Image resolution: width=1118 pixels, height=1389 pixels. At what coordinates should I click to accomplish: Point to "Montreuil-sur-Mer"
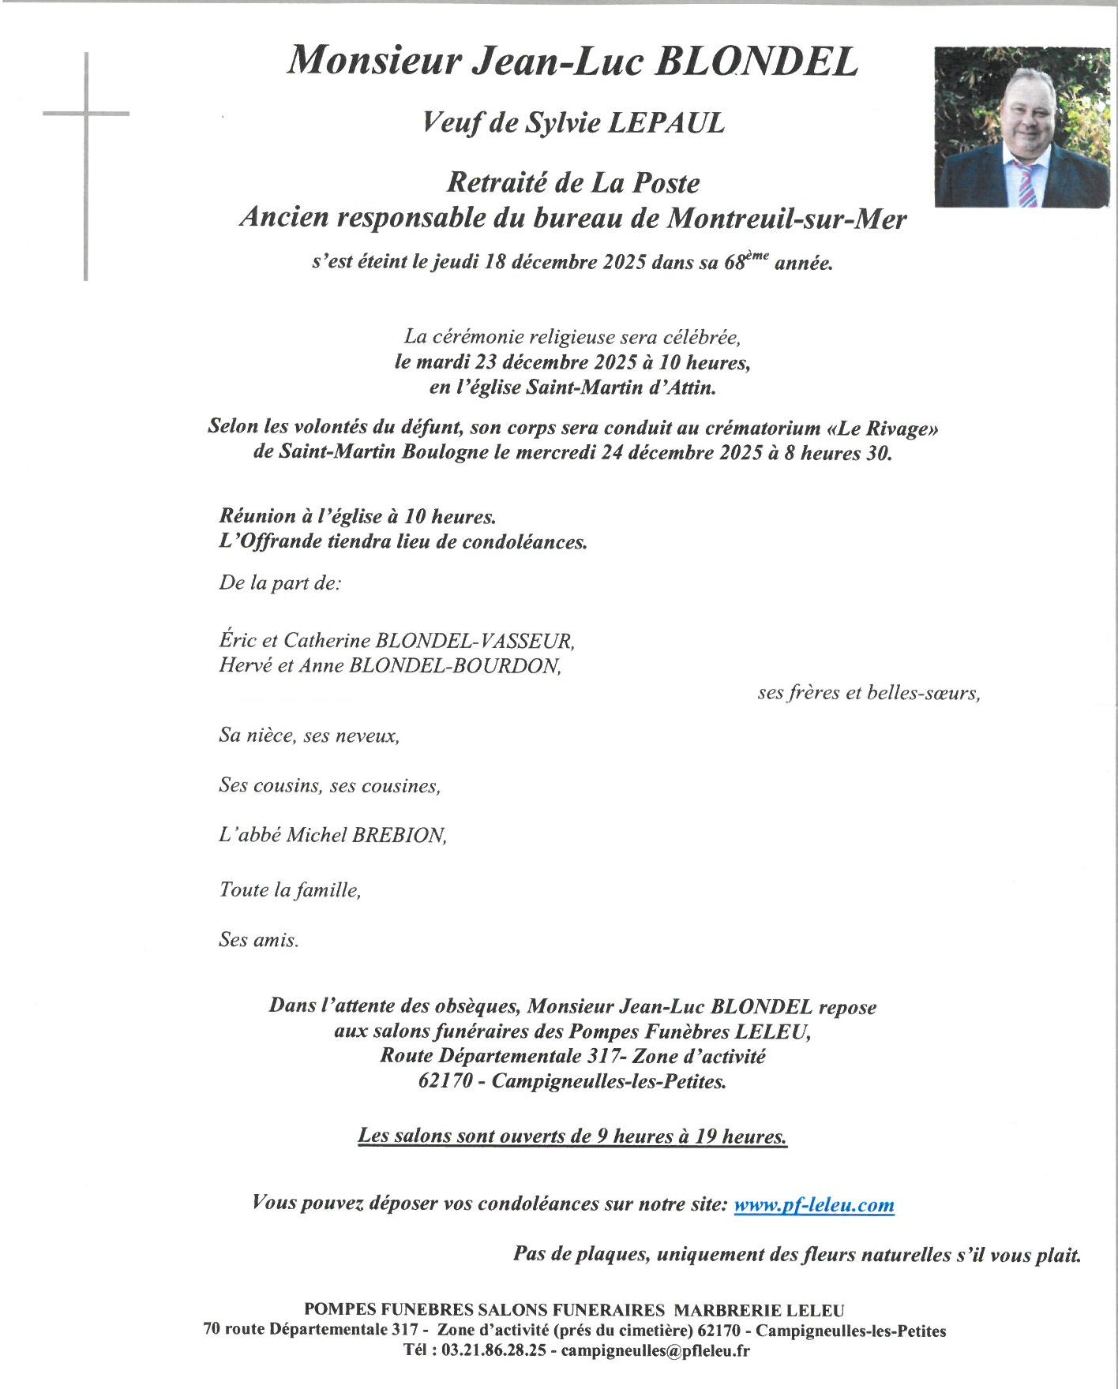coord(786,219)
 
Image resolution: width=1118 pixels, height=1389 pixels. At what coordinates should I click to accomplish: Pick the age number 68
coord(734,263)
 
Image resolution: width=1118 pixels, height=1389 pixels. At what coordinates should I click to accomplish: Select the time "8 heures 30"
coord(838,453)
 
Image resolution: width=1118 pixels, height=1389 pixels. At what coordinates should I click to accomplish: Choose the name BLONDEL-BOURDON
coord(455,665)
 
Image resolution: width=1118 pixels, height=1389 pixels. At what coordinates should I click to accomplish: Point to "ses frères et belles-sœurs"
coord(869,693)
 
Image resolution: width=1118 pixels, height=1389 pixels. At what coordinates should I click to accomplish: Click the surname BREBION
coord(399,835)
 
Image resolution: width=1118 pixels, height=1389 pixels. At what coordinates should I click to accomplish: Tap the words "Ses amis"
coord(259,940)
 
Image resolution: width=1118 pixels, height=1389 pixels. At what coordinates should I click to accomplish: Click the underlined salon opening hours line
coord(572,1136)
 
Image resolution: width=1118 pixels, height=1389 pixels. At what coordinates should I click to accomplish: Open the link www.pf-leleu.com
coord(814,1204)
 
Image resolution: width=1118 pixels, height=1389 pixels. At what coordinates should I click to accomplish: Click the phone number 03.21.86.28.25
coord(493,1350)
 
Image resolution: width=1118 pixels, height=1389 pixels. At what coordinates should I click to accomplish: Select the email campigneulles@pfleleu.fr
coord(655,1350)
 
